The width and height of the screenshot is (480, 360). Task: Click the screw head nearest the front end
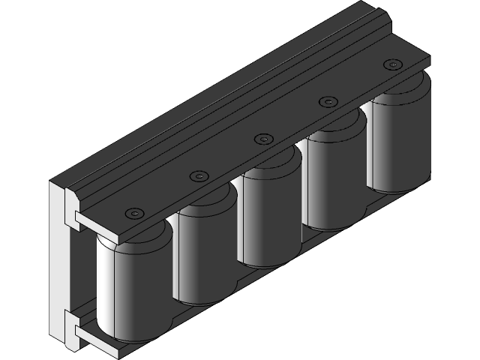[133, 212]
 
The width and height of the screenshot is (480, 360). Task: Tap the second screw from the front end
[198, 175]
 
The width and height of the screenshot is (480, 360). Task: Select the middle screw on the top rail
[262, 139]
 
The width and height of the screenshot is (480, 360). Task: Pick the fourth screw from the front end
[327, 101]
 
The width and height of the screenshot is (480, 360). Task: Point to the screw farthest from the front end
[391, 65]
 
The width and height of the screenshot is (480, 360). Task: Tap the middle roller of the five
[270, 221]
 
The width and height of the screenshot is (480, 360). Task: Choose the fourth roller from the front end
[334, 184]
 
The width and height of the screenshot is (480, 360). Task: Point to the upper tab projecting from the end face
[79, 218]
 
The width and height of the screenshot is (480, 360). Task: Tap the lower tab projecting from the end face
[79, 328]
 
